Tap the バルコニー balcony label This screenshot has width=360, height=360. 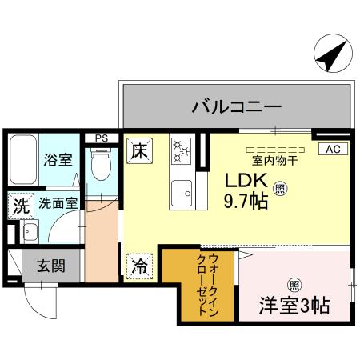pyautogui.click(x=235, y=106)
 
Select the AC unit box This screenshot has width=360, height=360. pyautogui.click(x=334, y=149)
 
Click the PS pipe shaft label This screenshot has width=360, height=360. pyautogui.click(x=102, y=138)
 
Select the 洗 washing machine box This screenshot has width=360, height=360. pyautogui.click(x=19, y=205)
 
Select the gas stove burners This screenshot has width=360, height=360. pyautogui.click(x=181, y=150)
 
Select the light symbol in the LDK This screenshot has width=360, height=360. pyautogui.click(x=280, y=189)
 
